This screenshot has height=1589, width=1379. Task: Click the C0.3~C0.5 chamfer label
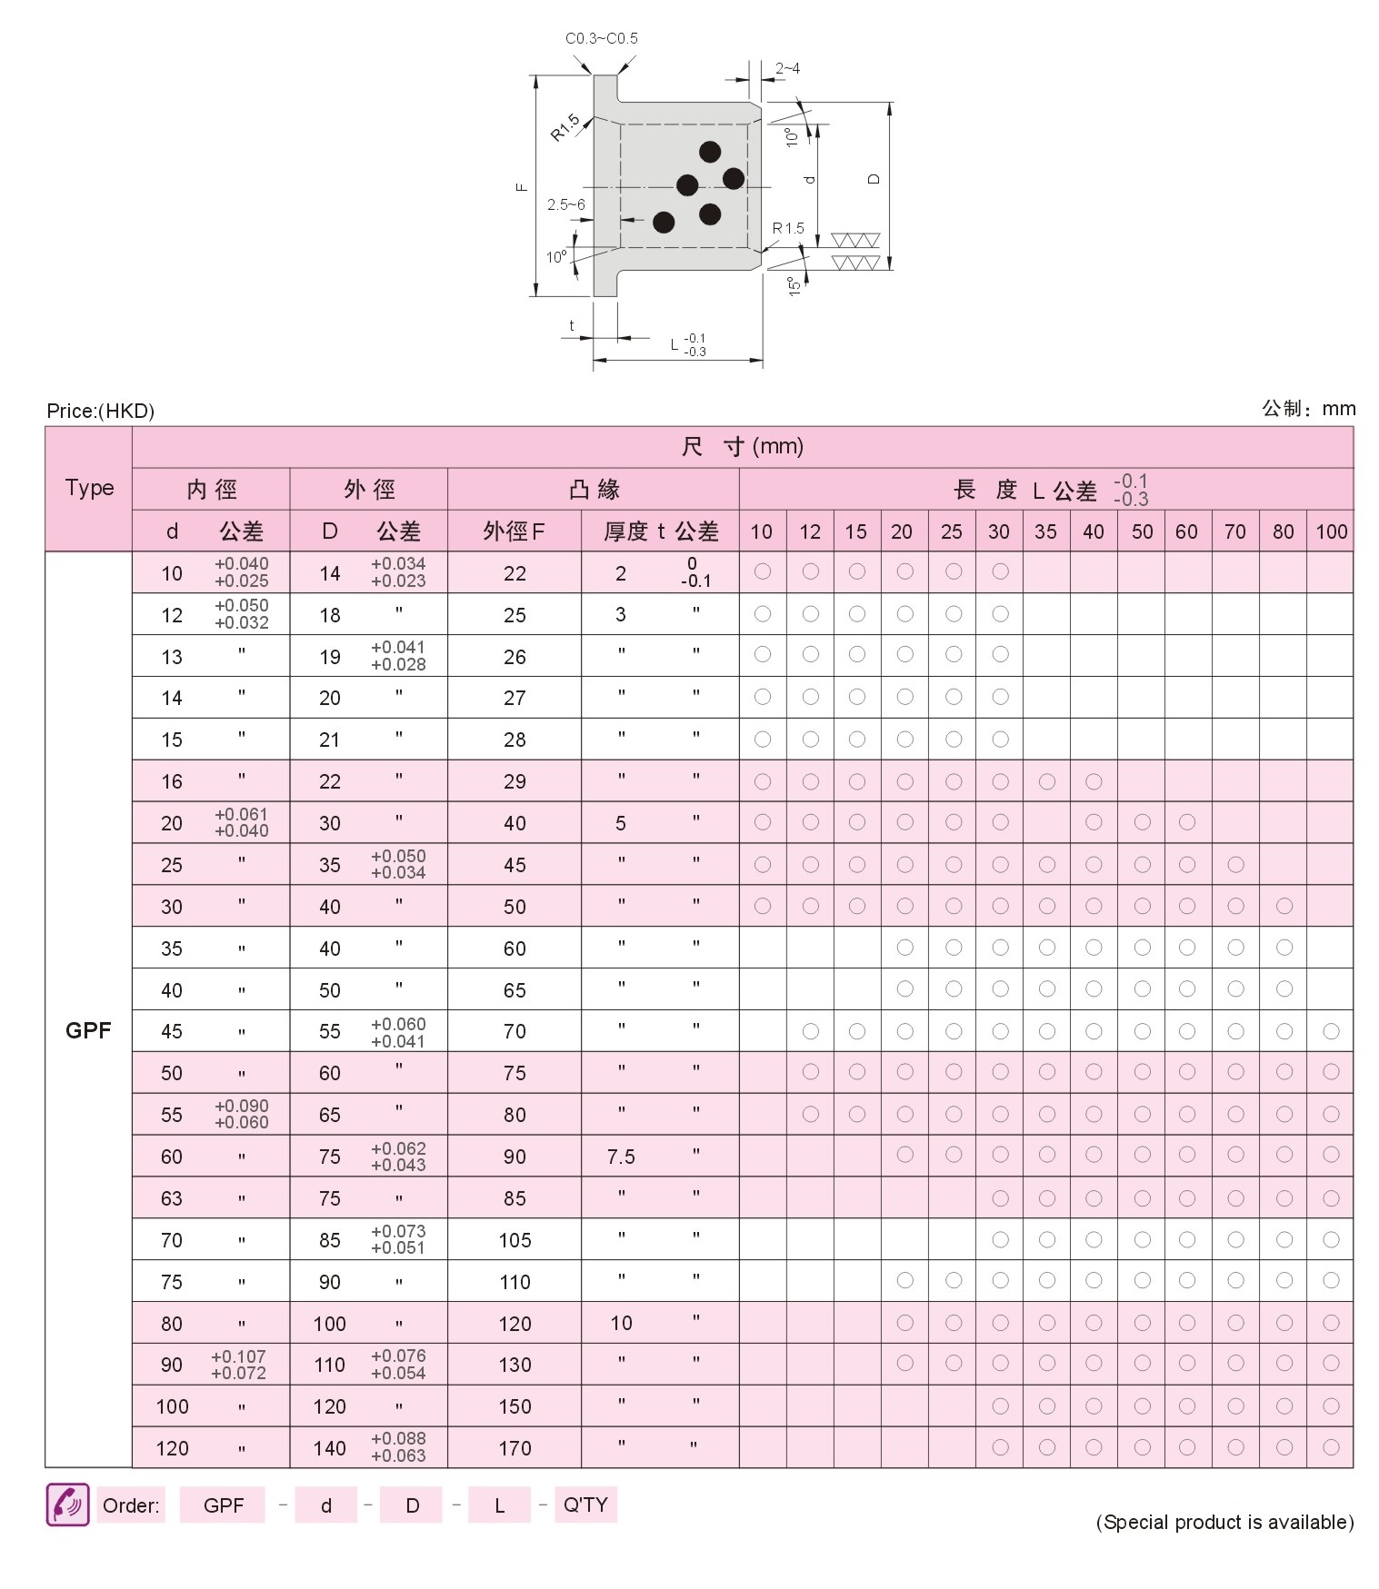coord(601,38)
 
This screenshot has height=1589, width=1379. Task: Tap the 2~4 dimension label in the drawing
coord(787,68)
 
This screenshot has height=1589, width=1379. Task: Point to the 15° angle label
coord(794,285)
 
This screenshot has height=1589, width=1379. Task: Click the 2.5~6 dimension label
coord(565,204)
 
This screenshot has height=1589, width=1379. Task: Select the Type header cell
coord(89,488)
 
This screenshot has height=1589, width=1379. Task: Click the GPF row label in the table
coord(88,1030)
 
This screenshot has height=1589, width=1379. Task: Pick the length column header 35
coord(1045,531)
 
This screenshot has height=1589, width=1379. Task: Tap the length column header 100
coord(1331,531)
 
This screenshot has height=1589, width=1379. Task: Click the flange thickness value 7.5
coord(621,1157)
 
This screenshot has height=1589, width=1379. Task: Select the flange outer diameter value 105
coord(515,1240)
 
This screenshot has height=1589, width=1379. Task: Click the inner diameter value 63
coord(172,1198)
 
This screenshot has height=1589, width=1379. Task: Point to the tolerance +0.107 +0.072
coord(238,1365)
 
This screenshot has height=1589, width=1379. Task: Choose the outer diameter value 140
coord(329,1448)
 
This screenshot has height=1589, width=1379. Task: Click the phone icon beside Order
coord(67,1505)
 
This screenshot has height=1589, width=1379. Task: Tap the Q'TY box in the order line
coord(585,1505)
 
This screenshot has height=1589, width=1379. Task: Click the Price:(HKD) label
coord(100,411)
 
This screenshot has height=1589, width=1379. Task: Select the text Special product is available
coord(1224,1522)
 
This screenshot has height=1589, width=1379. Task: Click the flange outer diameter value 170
coord(515,1448)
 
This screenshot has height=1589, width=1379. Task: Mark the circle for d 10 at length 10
coord(763,571)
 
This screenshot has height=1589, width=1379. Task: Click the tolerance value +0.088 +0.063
coord(398,1447)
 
